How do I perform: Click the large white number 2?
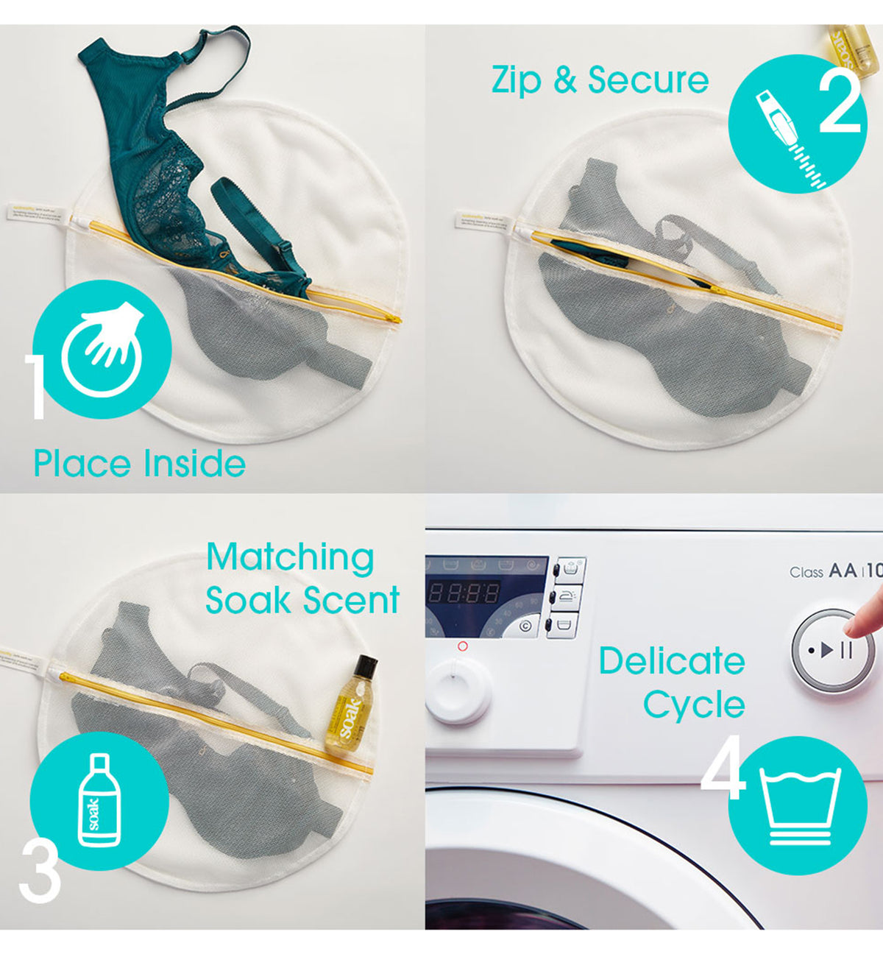[840, 103]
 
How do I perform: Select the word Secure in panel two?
[648, 80]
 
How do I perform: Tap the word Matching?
[290, 558]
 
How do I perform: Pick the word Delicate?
[671, 660]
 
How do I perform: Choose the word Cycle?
[694, 704]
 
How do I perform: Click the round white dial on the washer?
[458, 690]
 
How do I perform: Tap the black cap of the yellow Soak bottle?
[364, 667]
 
